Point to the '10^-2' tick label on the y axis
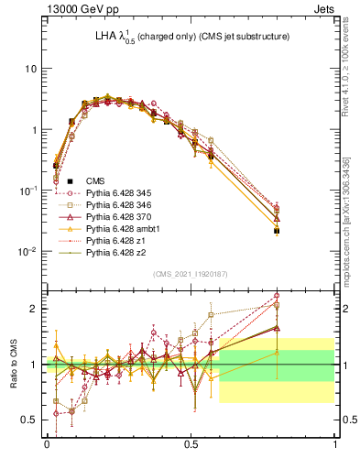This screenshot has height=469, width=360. tap(27, 251)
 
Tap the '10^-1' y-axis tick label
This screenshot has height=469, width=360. tap(27, 191)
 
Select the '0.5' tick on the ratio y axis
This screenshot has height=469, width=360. tap(29, 420)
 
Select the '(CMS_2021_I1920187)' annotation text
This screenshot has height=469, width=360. tap(191, 274)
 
